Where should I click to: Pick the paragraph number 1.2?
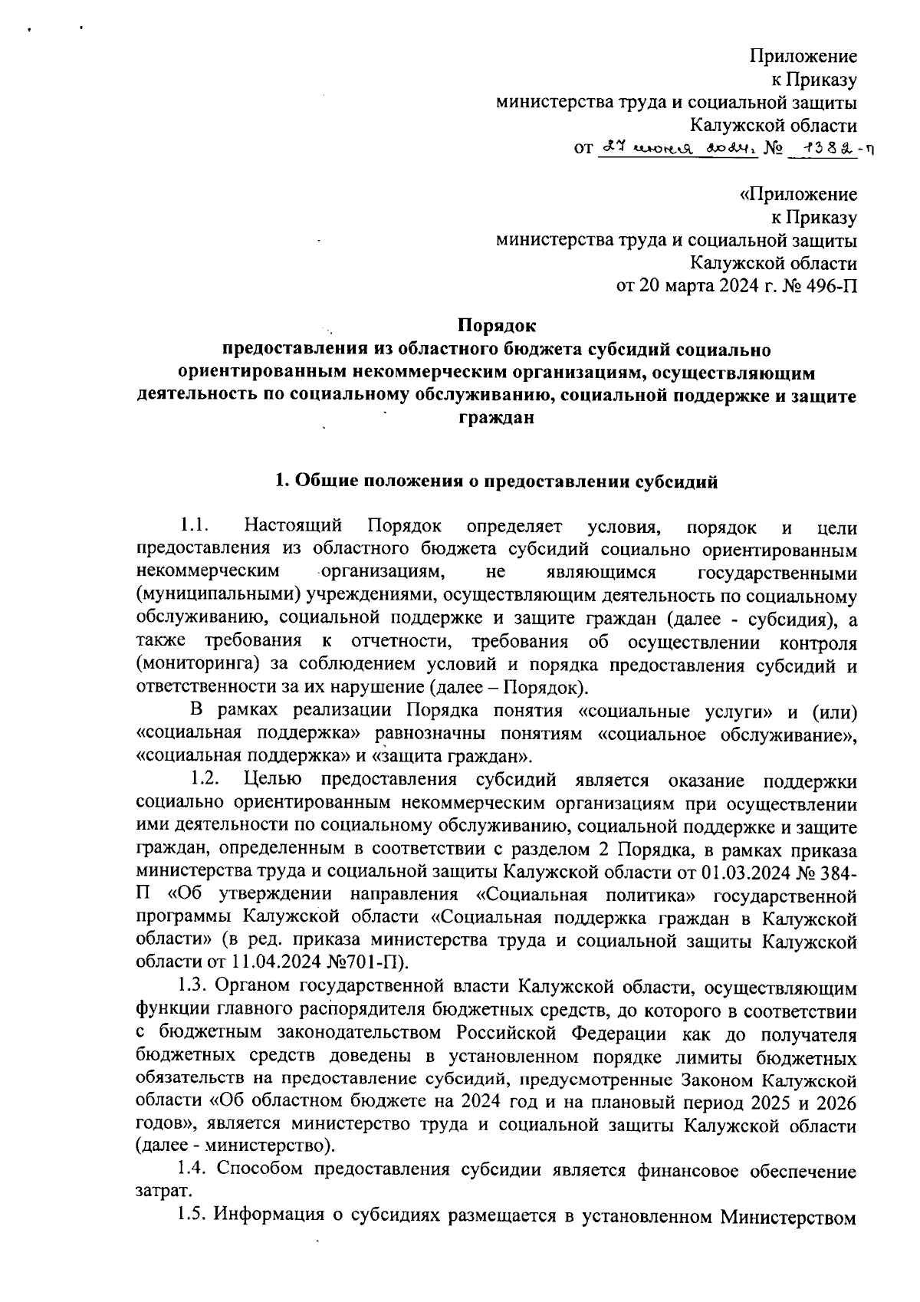[205, 780]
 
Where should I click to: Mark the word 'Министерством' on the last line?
[796, 1214]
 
